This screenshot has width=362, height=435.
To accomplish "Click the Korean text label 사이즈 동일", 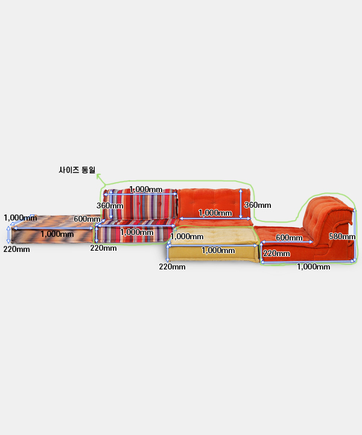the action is tap(77, 170).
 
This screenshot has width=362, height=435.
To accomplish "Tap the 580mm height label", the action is tap(342, 236).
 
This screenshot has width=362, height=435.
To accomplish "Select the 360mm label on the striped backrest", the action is tap(110, 205).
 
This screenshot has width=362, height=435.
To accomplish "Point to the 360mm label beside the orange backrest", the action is tap(258, 205).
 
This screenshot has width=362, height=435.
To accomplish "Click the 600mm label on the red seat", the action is tap(289, 237).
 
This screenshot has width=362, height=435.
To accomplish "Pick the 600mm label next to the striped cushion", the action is tap(87, 219).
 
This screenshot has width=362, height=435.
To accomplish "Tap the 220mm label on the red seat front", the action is tap(276, 253).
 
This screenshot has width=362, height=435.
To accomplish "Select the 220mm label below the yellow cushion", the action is tap(172, 266).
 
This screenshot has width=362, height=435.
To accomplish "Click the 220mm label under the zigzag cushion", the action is tap(17, 249).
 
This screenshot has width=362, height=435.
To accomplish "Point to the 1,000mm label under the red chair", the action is tap(314, 266).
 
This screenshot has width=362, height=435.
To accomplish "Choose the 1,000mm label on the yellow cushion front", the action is tap(218, 251).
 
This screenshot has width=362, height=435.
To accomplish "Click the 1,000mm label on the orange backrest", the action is tap(215, 213).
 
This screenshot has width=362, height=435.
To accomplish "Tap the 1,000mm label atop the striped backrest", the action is tap(145, 190).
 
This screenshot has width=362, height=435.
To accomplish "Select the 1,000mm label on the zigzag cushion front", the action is tap(57, 234).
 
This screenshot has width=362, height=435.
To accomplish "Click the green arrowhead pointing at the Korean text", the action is tap(98, 176).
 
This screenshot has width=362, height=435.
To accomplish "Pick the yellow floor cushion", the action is tap(213, 244).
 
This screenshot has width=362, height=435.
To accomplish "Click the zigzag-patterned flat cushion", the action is tap(52, 229).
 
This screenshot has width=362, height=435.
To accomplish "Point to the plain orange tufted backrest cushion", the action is tap(214, 204).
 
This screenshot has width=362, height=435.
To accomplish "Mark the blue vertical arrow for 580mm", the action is tap(355, 235).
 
